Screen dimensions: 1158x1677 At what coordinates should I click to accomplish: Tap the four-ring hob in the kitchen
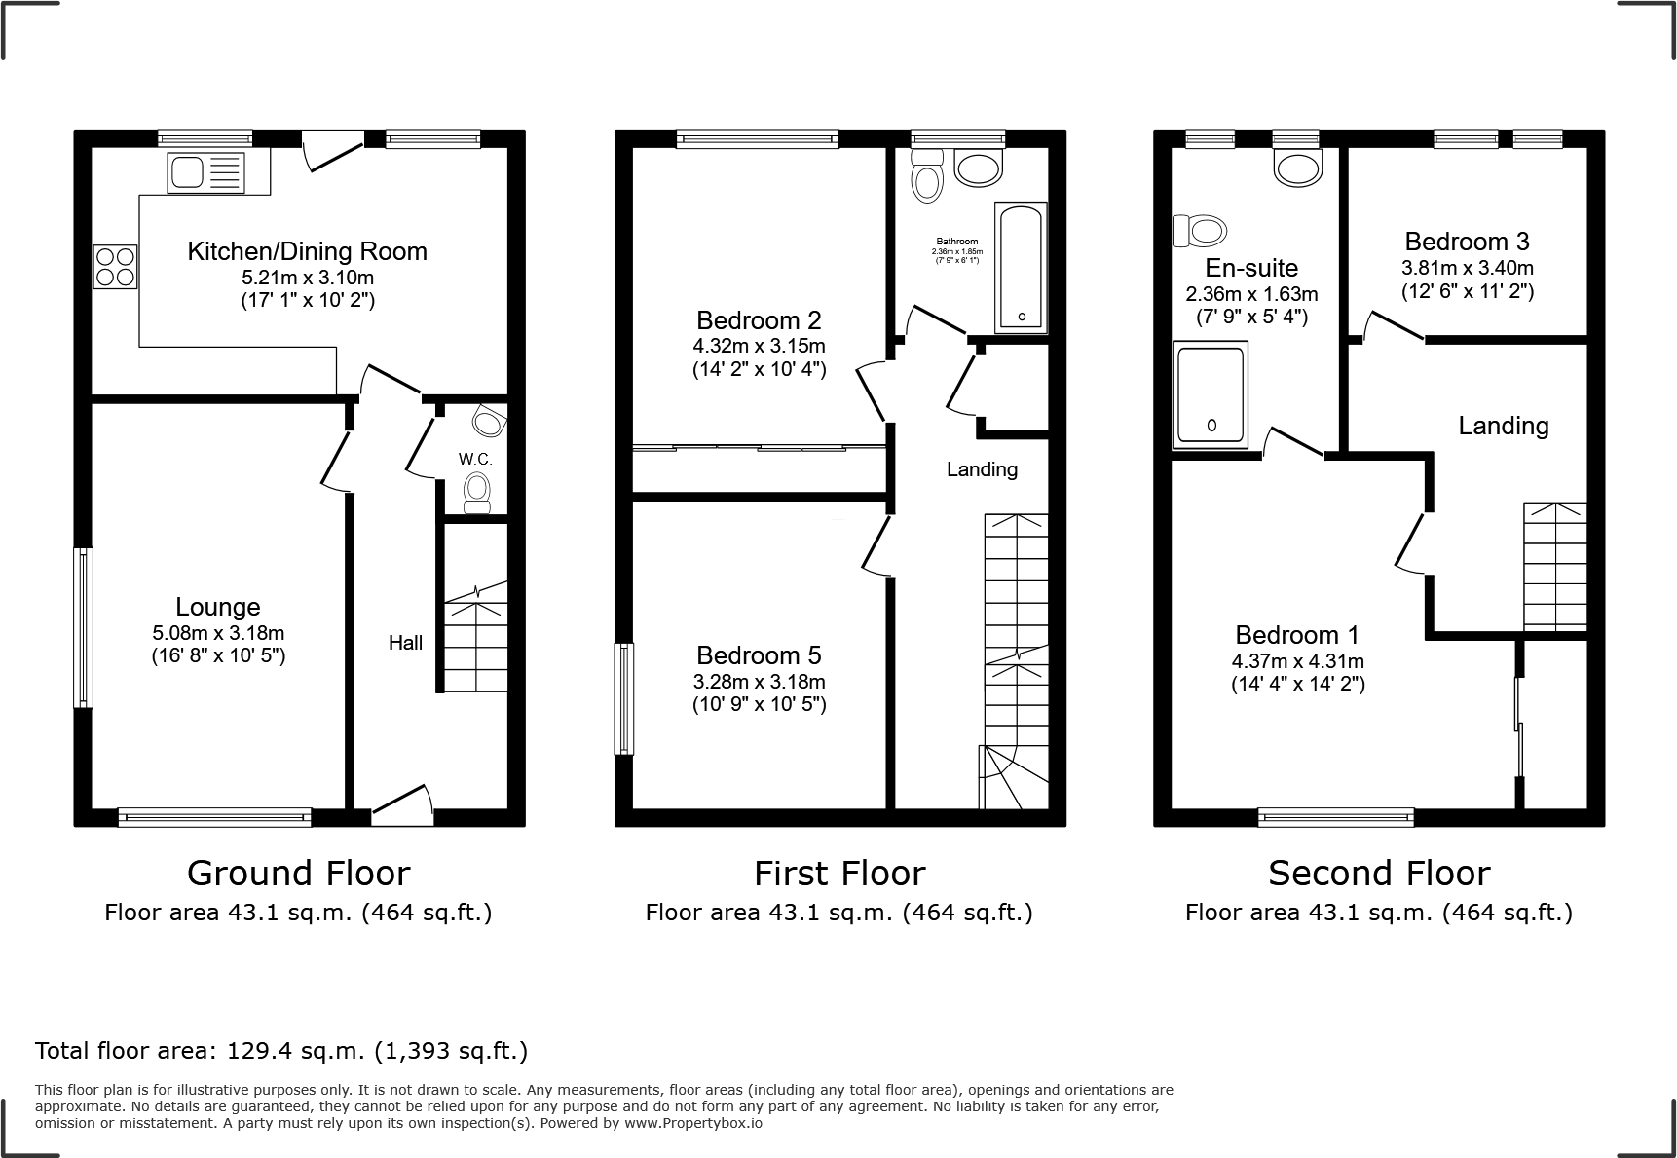(115, 267)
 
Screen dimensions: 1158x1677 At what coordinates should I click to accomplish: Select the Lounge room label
(218, 607)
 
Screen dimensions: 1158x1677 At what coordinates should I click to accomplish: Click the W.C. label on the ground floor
(475, 459)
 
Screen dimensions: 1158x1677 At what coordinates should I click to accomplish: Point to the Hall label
(405, 643)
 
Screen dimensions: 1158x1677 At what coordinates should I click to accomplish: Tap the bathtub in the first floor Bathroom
(1021, 267)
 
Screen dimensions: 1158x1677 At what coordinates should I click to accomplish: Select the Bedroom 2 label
(759, 320)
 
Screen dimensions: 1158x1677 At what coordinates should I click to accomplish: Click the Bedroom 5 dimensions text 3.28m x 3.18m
(759, 682)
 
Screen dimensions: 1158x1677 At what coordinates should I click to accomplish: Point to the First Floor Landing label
(982, 469)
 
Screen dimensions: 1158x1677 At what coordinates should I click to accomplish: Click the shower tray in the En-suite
(1211, 394)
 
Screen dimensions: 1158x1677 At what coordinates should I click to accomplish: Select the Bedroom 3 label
(1467, 242)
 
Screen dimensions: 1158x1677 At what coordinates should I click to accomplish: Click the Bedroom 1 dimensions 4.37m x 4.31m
(1297, 661)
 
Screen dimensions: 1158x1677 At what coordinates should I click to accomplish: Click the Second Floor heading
(1378, 874)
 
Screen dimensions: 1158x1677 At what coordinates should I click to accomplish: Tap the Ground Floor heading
(298, 874)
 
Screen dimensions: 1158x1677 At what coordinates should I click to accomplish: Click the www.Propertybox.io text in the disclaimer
(693, 1123)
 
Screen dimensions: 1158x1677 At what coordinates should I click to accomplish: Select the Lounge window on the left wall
(85, 627)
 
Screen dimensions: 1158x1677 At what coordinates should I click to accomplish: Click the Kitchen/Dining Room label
(307, 251)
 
